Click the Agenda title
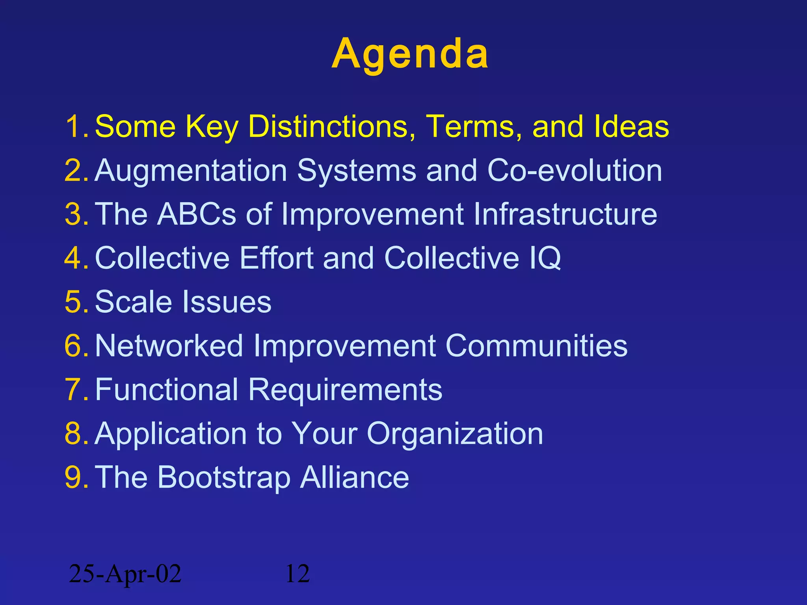[x=410, y=54]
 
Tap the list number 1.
[x=75, y=126]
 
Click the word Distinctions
[x=331, y=126]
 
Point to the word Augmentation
[x=191, y=171]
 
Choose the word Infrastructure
[x=565, y=214]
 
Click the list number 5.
[x=75, y=302]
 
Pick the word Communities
[x=536, y=346]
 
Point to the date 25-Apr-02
[x=125, y=574]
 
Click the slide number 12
[x=297, y=574]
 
